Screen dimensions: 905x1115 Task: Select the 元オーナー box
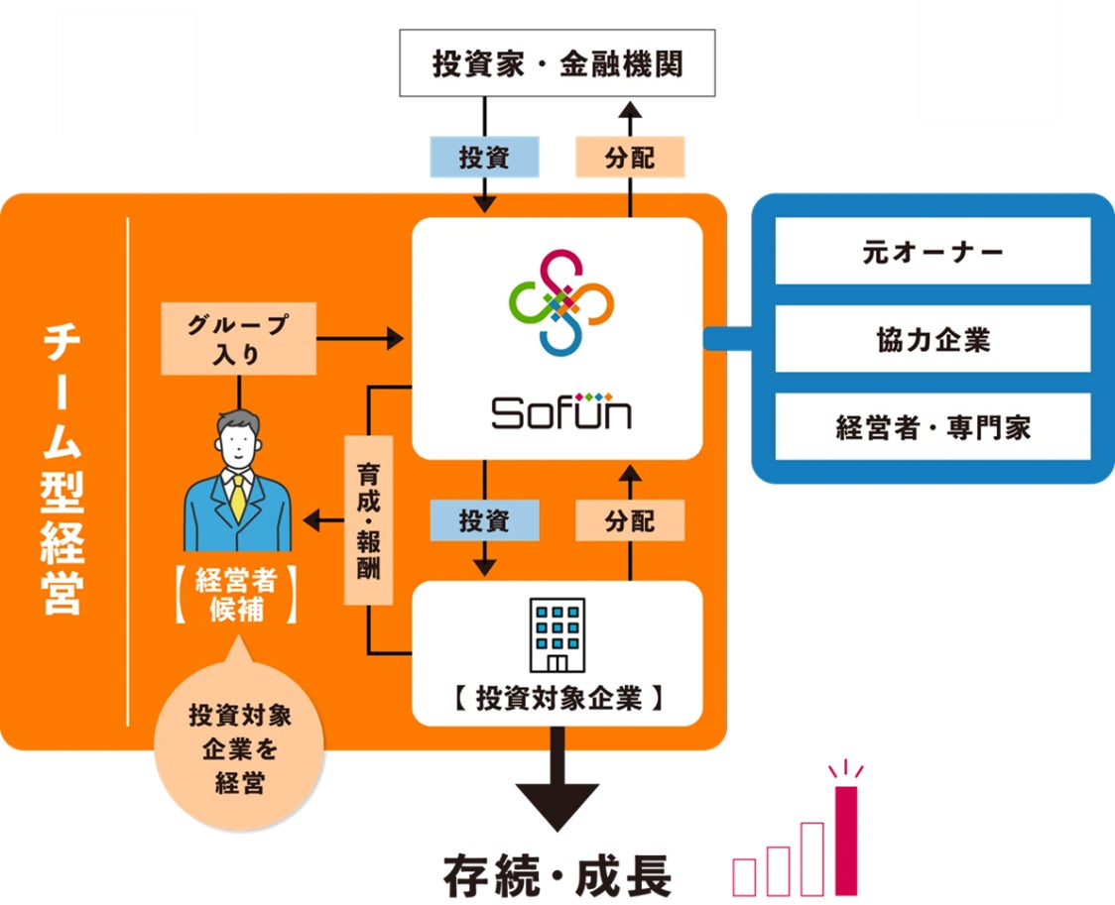click(x=931, y=252)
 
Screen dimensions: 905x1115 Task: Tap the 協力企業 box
click(x=931, y=339)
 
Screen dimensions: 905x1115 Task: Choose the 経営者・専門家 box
click(x=931, y=427)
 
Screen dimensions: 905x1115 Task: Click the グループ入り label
click(x=238, y=338)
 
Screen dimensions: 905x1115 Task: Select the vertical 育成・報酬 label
click(x=368, y=520)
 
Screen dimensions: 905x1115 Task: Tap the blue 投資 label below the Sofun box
click(x=484, y=521)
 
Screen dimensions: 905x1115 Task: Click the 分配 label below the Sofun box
click(x=630, y=521)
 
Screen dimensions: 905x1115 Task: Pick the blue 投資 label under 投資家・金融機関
click(x=484, y=158)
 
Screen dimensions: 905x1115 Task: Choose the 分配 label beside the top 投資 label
click(x=630, y=158)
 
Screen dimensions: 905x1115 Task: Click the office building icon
click(x=558, y=635)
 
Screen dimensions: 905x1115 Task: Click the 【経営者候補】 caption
click(x=237, y=595)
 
